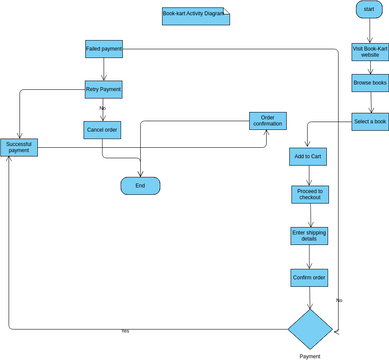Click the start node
coord(369,10)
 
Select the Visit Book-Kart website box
coord(369,52)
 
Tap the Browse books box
coord(369,83)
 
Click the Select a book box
coord(369,122)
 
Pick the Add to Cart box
coord(308,157)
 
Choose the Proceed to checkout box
coord(309,194)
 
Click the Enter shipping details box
coord(309,236)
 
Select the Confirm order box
coord(309,277)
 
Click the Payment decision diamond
coord(310,329)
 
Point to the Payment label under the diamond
coord(310,356)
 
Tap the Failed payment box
coord(104,49)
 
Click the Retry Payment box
coord(104,89)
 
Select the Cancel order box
coord(102,130)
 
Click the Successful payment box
coord(19,147)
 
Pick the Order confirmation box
coord(267,121)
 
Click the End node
coord(140,186)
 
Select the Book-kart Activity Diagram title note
coord(194,16)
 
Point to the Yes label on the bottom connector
coord(125,331)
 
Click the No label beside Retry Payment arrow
coord(102,108)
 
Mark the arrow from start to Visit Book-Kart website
coord(369,30)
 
